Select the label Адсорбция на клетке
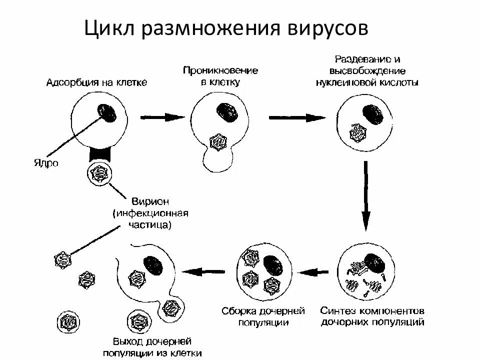click(97, 82)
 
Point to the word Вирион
click(150, 202)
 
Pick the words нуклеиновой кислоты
click(367, 82)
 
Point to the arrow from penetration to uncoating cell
click(297, 117)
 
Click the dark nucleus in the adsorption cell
click(107, 112)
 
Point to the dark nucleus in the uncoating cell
click(373, 114)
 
